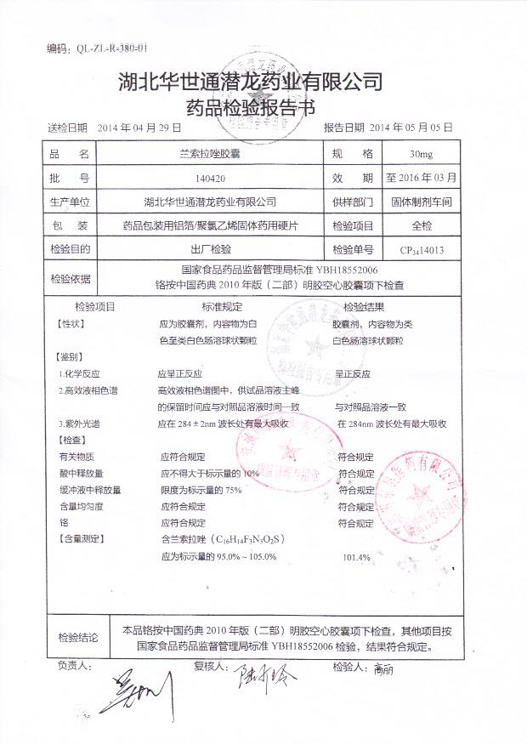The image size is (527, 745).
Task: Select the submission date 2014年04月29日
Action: point(139,128)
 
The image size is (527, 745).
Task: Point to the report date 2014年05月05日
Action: point(411,128)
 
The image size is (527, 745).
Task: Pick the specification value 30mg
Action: point(421,155)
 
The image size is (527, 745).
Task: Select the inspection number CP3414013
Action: point(422,251)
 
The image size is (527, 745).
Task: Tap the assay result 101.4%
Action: point(356,558)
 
